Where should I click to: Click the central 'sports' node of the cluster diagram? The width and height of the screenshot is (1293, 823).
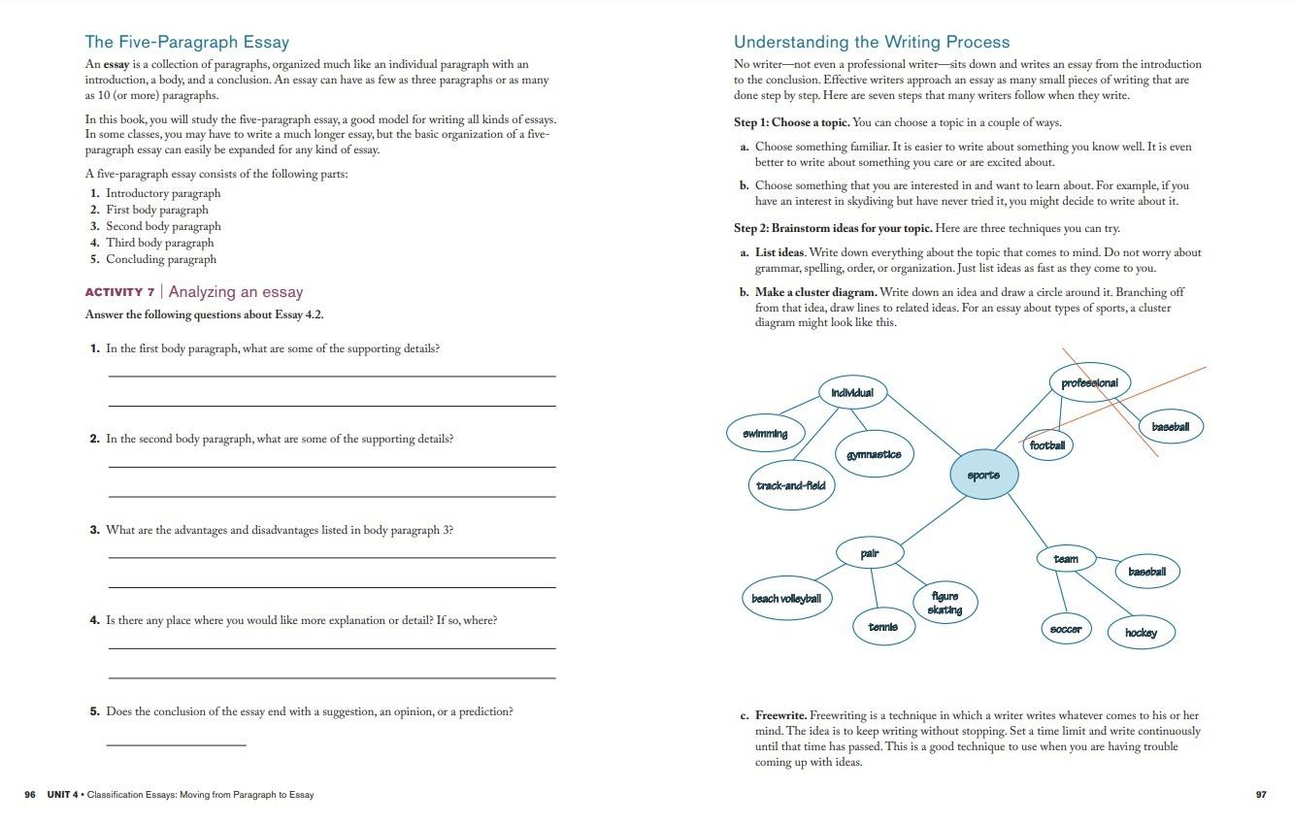(x=983, y=476)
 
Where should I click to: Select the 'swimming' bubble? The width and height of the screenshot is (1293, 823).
(x=766, y=434)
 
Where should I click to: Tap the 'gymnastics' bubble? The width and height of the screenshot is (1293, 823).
(x=874, y=454)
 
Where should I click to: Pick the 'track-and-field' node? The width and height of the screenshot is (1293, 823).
(x=790, y=485)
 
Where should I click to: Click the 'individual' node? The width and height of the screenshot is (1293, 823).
(x=852, y=393)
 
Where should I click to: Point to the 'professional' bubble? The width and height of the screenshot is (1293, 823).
(x=1089, y=383)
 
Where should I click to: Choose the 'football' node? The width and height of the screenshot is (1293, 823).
(x=1047, y=445)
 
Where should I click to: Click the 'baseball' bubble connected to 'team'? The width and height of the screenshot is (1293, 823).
(x=1146, y=572)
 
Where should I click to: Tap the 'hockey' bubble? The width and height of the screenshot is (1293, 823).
(x=1141, y=633)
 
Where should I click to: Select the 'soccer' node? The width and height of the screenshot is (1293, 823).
(x=1066, y=629)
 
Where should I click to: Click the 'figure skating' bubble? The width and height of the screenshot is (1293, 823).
(x=945, y=603)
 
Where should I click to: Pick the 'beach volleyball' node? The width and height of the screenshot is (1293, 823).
(x=786, y=599)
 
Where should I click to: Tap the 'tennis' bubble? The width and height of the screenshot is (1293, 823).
(x=882, y=627)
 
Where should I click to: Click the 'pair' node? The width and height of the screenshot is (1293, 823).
(x=870, y=553)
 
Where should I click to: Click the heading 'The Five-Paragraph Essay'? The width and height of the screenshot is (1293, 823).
(x=186, y=42)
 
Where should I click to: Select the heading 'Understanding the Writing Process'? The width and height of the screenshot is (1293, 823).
(x=871, y=42)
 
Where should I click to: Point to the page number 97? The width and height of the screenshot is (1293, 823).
(x=1261, y=795)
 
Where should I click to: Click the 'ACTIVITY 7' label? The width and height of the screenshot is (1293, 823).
(x=119, y=292)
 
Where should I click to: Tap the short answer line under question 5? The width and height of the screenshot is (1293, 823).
(x=176, y=744)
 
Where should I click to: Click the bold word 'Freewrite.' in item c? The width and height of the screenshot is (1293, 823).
(x=780, y=715)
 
